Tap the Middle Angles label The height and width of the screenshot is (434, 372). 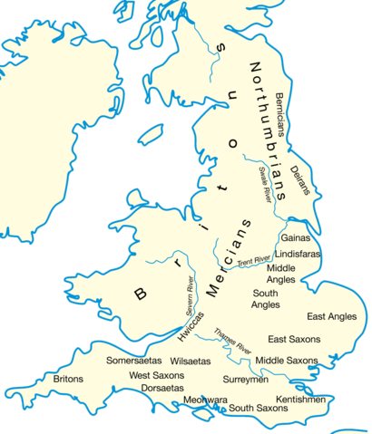pos(280,275)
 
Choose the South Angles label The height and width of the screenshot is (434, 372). pos(266,300)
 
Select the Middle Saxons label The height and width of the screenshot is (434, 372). pos(286,361)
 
